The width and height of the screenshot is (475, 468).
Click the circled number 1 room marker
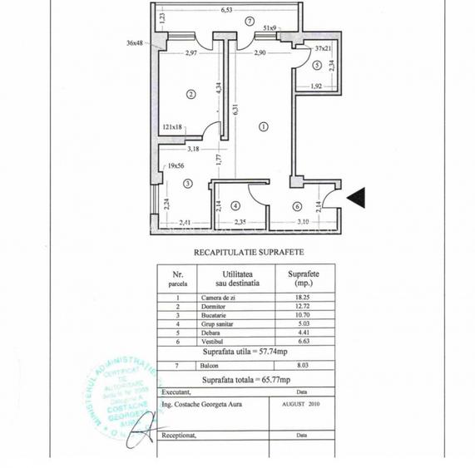coord(264,126)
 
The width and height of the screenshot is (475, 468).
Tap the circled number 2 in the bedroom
coord(190,94)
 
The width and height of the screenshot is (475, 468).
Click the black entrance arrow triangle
coord(356,197)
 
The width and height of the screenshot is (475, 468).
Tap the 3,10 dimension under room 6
coord(302,221)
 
